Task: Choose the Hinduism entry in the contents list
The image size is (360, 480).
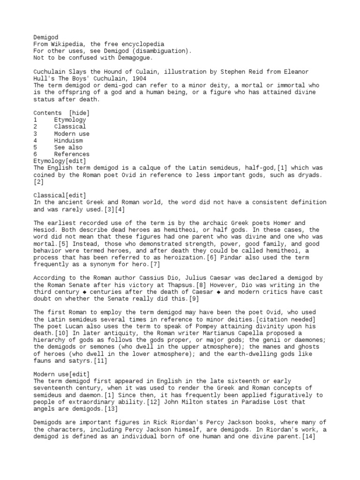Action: click(68, 140)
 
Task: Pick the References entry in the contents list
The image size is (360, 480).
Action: click(72, 154)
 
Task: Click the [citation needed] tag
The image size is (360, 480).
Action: click(284, 319)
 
